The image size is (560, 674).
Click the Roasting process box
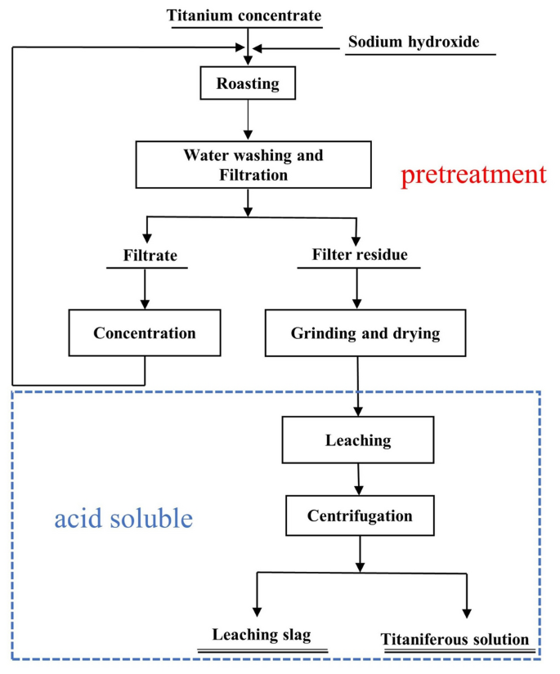[247, 83]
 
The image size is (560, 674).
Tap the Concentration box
[145, 333]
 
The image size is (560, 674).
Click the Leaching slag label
[262, 635]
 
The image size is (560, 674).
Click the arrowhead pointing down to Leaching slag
[258, 610]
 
